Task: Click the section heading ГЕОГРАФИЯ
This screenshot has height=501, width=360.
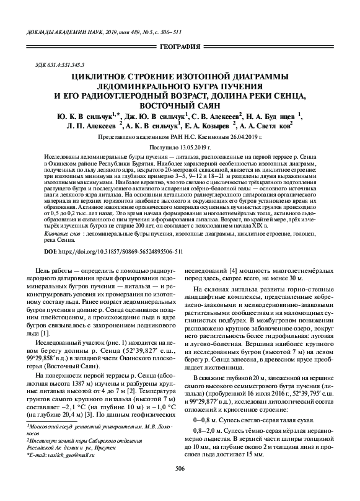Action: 180,47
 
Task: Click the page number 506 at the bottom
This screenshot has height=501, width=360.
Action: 180,485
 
